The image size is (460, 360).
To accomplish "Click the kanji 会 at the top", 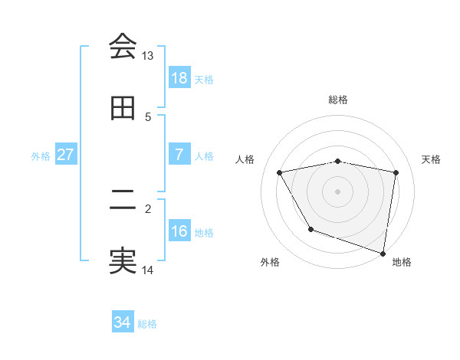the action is pos(123,47).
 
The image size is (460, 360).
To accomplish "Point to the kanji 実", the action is pos(123,261).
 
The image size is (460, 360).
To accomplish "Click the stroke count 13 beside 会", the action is pos(148,56).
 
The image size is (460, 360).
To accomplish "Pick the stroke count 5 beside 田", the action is pos(148,117).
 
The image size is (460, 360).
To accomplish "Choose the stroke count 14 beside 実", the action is pos(148,270).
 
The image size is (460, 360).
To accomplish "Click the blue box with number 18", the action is pos(179,78).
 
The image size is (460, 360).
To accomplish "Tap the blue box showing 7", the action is pos(179,155).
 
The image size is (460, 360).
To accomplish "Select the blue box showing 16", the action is pos(179,231).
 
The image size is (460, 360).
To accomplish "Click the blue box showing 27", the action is pos(66,155).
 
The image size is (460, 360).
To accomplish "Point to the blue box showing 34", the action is pos(123,323).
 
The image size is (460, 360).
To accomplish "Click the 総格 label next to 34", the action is pos(147,324).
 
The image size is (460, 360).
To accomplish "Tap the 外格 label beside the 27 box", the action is pos(41,155).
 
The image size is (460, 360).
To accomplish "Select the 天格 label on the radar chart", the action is pos(431,159).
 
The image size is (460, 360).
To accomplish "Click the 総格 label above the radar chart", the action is pos(338,100).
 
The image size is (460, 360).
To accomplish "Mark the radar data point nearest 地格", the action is pos(383,253).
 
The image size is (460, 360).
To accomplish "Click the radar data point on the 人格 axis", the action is pos(280,172).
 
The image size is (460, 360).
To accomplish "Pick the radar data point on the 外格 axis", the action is pos(310,229).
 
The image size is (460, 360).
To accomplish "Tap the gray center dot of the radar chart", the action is pos(338,191).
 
